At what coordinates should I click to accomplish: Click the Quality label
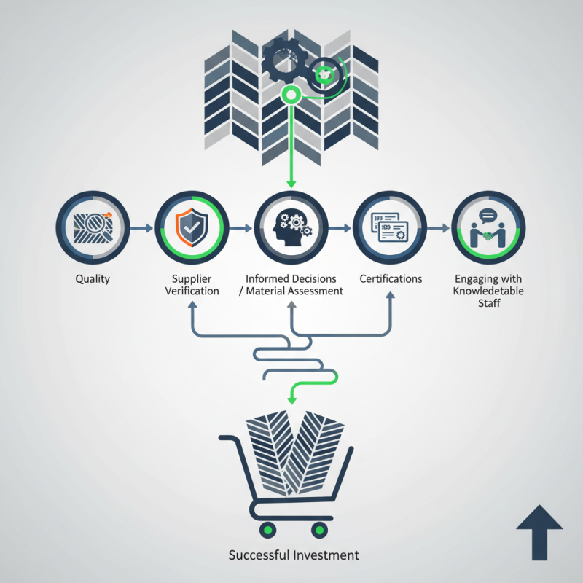coord(93,279)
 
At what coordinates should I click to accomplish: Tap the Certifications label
coord(391,279)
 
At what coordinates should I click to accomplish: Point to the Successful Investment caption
coord(294,555)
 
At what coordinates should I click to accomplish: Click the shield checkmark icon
coord(192,227)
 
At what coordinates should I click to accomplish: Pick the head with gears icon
coord(291,227)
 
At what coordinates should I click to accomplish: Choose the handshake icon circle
coord(488,227)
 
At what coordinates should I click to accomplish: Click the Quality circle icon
coord(93,227)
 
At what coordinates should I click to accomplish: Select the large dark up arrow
coord(539,532)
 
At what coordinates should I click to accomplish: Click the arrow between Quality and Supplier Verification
coord(142,228)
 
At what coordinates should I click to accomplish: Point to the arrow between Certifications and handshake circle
coord(438,228)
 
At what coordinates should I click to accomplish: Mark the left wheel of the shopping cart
coord(267,529)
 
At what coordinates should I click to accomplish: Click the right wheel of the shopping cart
coord(318,529)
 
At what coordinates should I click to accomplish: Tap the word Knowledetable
coord(488,291)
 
